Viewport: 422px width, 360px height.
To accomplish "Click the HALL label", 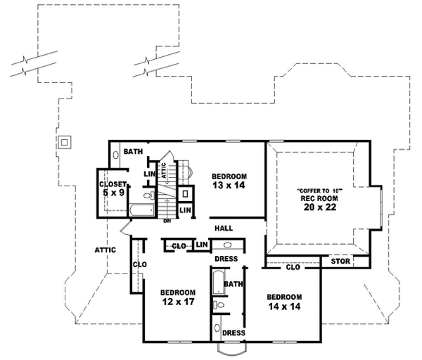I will pyautogui.click(x=223, y=229).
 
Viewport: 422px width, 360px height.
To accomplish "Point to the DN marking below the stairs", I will pyautogui.click(x=168, y=221).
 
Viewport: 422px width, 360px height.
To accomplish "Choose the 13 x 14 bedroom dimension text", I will pyautogui.click(x=229, y=185).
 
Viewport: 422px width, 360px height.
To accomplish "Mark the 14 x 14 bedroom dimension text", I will pyautogui.click(x=284, y=307).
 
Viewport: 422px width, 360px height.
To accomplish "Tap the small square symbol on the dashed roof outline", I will pyautogui.click(x=64, y=142).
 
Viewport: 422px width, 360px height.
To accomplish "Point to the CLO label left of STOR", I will pyautogui.click(x=294, y=267).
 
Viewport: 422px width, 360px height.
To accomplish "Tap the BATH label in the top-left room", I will pyautogui.click(x=133, y=152).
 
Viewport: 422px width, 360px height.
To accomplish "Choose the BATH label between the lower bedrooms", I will pyautogui.click(x=233, y=284).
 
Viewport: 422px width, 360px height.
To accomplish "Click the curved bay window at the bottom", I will pyautogui.click(x=233, y=349).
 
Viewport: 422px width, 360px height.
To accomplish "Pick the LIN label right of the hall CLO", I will pyautogui.click(x=202, y=245).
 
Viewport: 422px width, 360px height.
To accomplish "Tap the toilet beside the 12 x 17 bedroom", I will pyautogui.click(x=219, y=305).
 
